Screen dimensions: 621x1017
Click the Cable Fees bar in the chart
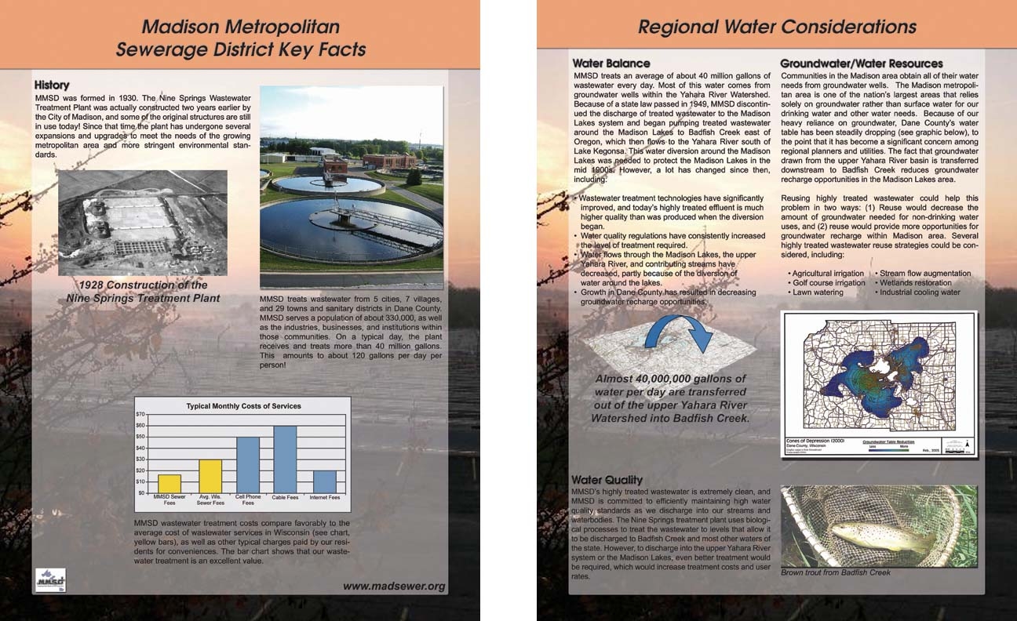285,459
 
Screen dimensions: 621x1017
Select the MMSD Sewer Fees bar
169,484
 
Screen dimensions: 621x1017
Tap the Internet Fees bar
324,481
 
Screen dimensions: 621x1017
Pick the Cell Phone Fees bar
248,465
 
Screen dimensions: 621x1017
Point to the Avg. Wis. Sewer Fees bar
210,476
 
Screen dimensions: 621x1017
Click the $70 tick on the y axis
141,414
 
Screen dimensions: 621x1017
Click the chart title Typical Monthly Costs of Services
243,406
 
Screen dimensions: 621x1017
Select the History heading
52,85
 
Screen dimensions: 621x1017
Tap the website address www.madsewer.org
393,586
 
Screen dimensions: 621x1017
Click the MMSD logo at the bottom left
51,581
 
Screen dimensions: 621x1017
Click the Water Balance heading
611,64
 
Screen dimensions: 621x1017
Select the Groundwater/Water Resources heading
861,64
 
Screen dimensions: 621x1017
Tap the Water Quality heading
607,480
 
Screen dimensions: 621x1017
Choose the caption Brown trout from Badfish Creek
836,572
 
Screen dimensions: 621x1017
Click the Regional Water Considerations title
777,27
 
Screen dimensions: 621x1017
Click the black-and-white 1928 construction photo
143,223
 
